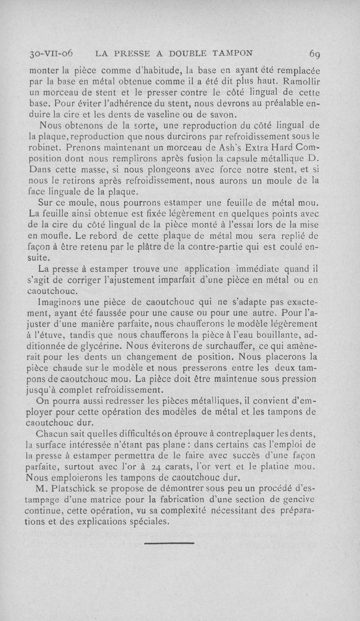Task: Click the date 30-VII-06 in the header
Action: click(x=51, y=54)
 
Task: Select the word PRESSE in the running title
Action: click(x=134, y=54)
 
